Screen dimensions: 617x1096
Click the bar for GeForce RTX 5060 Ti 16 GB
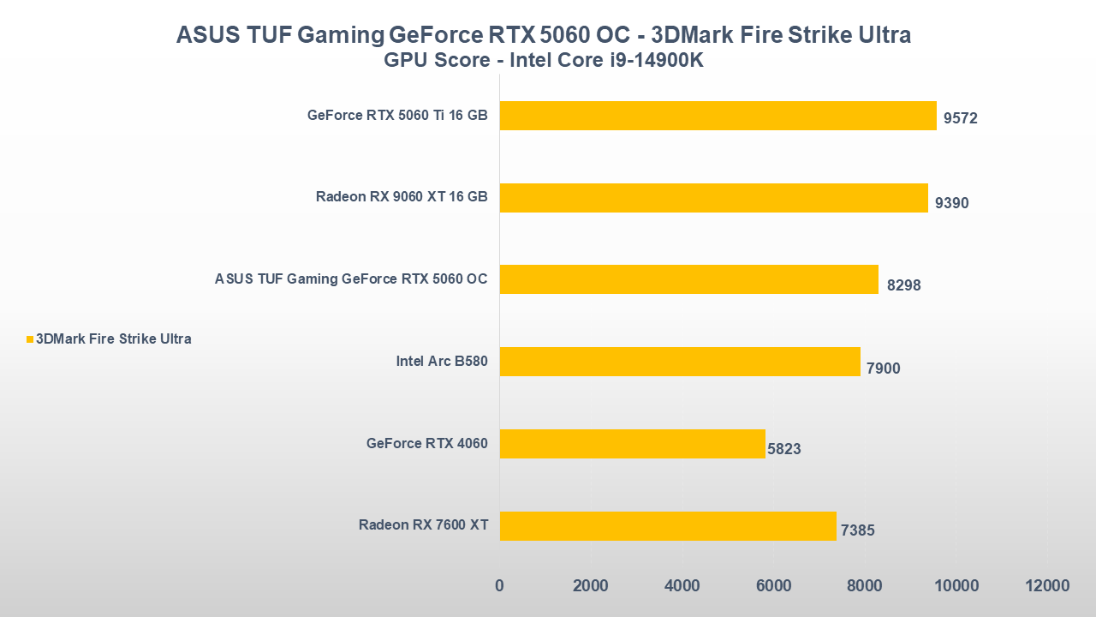coord(718,116)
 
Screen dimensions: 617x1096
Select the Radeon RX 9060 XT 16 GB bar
coord(713,198)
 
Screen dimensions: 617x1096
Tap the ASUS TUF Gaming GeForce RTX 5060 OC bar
coord(688,279)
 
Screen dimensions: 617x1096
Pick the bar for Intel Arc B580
coord(680,362)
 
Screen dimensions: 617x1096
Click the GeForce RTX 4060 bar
coord(632,444)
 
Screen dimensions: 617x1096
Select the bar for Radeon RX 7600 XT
coord(668,526)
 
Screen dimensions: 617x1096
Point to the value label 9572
coord(961,118)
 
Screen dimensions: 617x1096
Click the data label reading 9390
coord(952,203)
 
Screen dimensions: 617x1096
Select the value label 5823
coord(784,448)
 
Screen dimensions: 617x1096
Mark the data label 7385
coord(858,530)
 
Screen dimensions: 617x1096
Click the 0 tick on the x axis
coord(499,586)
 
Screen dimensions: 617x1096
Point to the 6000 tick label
coord(773,586)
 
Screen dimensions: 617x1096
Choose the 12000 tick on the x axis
coord(1047,586)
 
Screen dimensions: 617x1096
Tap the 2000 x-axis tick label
coord(591,586)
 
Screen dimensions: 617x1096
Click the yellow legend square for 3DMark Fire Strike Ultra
coord(30,339)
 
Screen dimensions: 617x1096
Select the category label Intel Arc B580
coord(442,362)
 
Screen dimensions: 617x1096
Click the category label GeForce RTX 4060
coord(426,444)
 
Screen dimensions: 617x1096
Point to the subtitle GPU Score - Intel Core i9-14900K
coord(544,61)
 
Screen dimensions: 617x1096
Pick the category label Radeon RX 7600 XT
coord(423,525)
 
